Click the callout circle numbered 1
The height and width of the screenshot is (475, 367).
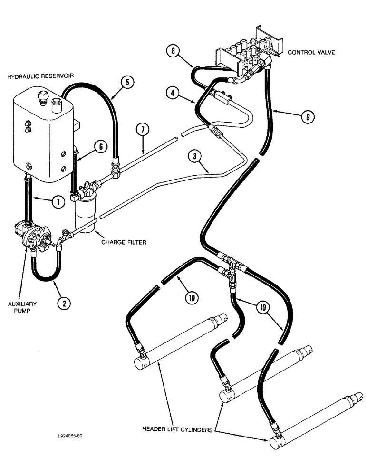[x=58, y=202]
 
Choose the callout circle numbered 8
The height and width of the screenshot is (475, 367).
[x=173, y=50]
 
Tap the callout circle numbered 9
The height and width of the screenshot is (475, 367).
[x=308, y=116]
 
